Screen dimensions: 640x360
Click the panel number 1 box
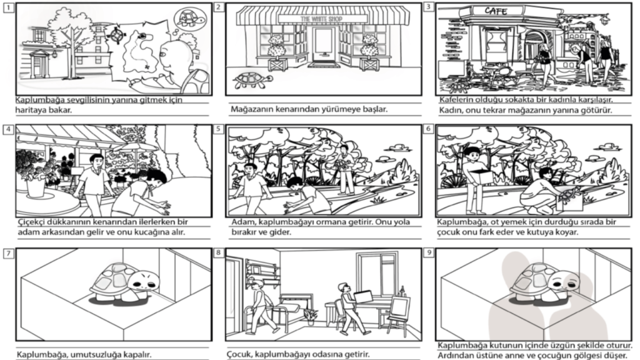tap(9, 7)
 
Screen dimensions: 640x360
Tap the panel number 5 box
tap(218, 129)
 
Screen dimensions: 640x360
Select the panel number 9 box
tap(429, 252)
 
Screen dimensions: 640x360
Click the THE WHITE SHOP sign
tap(322, 19)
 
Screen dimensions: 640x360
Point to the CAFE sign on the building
tap(496, 11)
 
